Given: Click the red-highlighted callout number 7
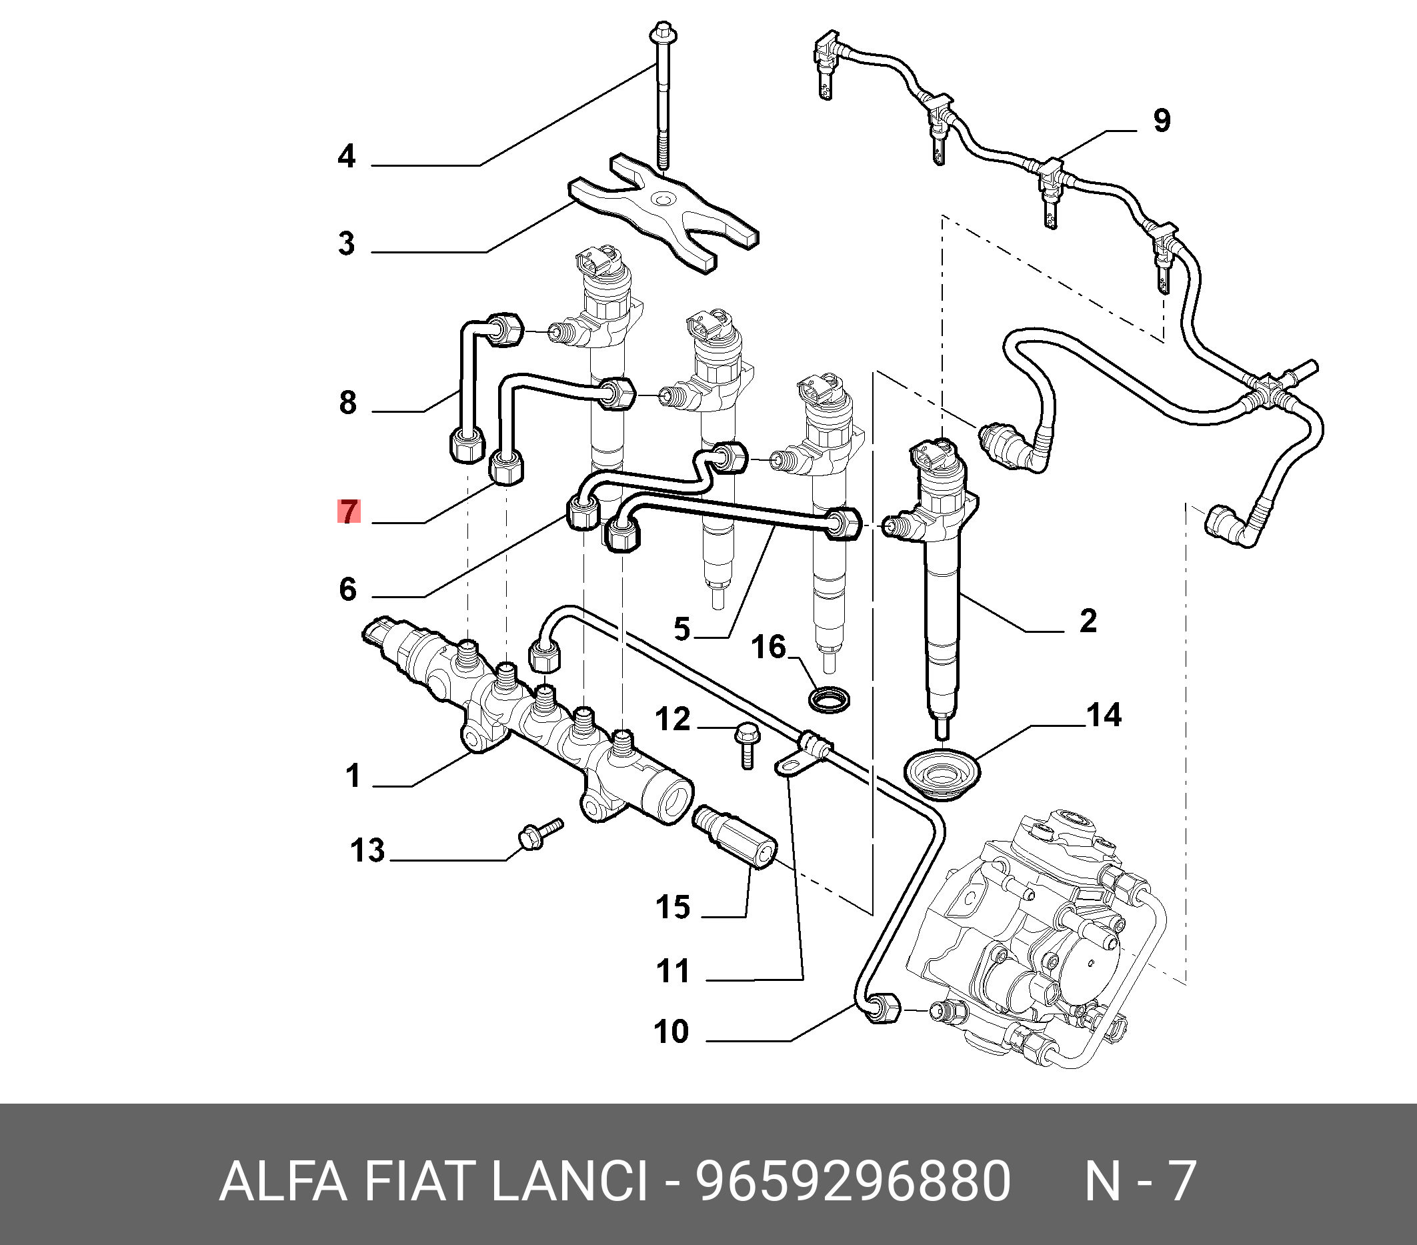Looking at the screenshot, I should coord(349,511).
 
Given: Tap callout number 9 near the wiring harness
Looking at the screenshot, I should coord(1162,121).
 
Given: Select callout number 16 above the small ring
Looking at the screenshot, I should coord(769,648).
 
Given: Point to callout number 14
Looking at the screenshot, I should coord(1104,716).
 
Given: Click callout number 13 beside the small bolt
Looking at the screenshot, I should coord(367,851).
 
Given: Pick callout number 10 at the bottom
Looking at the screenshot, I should coord(671,1032).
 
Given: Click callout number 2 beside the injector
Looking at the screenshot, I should coord(1088,620).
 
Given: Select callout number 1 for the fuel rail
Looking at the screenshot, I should coord(353,776).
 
